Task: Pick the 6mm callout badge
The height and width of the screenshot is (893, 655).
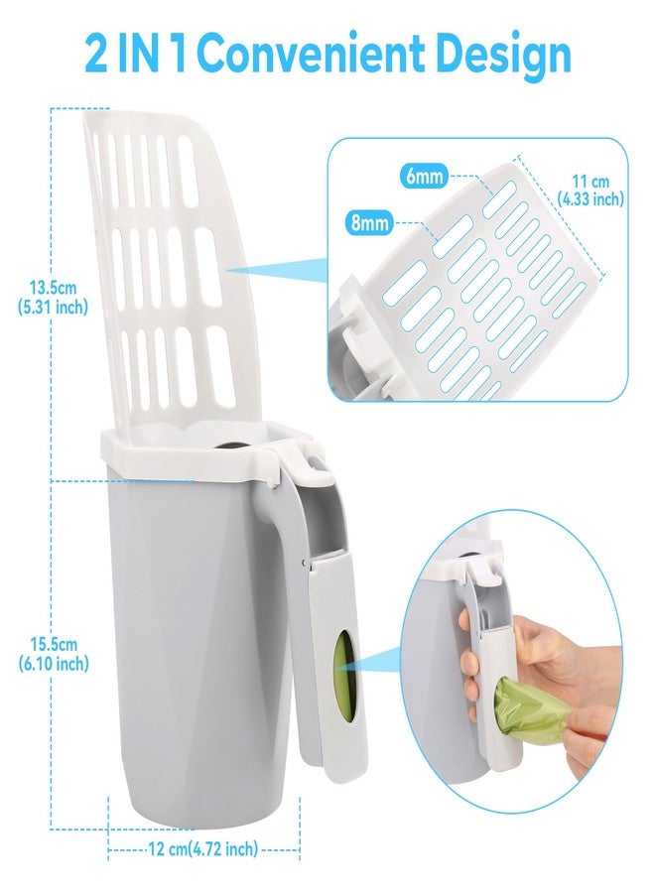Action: (x=424, y=176)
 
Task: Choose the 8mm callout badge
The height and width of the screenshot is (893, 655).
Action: (x=369, y=222)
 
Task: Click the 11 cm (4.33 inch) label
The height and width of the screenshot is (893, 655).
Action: (x=590, y=191)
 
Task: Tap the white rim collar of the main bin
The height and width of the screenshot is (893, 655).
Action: (x=199, y=449)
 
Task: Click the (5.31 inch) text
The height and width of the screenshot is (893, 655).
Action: (x=53, y=308)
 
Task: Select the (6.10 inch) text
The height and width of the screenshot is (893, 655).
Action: (x=54, y=664)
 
